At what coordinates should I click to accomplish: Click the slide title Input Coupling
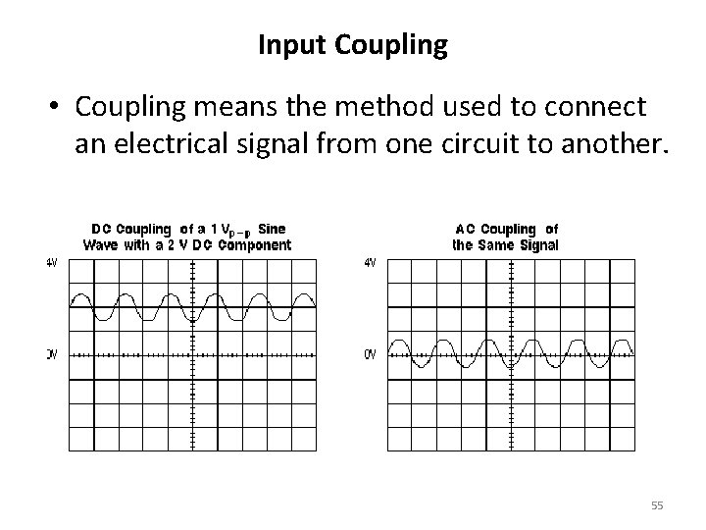click(352, 44)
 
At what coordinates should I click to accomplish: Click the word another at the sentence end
click(622, 146)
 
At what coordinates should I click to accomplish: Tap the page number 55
click(657, 505)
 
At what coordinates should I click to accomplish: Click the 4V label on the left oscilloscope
click(51, 262)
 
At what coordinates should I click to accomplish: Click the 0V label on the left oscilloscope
click(51, 354)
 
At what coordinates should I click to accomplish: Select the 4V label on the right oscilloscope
click(370, 262)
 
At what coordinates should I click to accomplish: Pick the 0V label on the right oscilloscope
click(370, 354)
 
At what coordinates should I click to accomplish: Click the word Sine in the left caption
click(271, 230)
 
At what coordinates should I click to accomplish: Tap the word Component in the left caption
click(253, 244)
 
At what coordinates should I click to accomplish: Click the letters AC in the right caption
click(466, 230)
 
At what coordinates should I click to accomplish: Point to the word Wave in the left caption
click(101, 244)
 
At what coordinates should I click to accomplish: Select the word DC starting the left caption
click(101, 230)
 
